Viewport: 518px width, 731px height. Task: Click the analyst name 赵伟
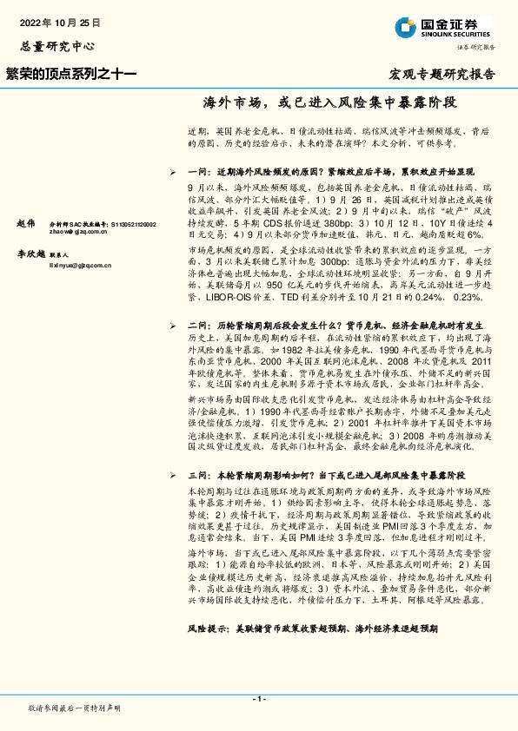tap(25, 223)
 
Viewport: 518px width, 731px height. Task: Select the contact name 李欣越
tap(30, 254)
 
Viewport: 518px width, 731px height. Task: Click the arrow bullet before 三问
tap(175, 477)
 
